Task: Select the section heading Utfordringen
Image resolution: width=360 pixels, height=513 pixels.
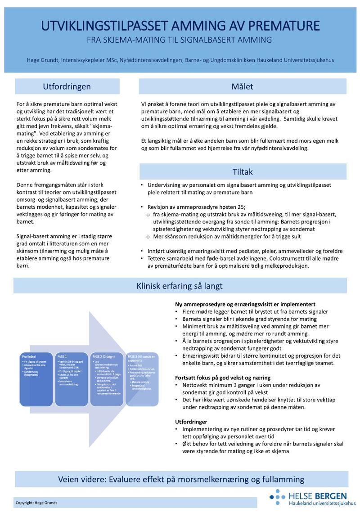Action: (x=67, y=86)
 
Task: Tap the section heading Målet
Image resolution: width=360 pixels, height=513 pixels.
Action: (x=243, y=86)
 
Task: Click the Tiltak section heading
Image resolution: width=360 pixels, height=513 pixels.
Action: (x=243, y=171)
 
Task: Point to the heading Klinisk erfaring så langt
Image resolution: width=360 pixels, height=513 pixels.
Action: (x=180, y=286)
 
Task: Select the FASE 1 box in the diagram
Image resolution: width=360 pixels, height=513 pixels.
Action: (x=72, y=371)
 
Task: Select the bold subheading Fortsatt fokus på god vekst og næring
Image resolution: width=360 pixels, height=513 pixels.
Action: (x=223, y=377)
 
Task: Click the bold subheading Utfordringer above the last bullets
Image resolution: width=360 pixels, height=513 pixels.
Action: (x=191, y=422)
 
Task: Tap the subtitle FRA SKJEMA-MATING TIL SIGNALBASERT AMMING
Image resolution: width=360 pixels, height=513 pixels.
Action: (x=180, y=40)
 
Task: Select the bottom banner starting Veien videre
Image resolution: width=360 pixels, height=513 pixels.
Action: (x=181, y=479)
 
